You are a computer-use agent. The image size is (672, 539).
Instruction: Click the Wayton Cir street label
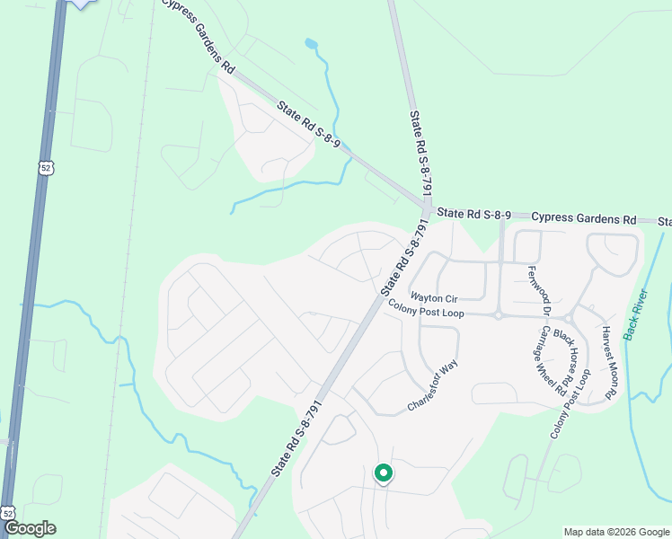[x=435, y=296]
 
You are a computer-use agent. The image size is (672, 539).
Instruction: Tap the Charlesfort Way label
[x=433, y=385]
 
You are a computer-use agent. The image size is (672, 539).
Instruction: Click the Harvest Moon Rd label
[x=608, y=362]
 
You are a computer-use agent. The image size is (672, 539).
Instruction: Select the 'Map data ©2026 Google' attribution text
[x=615, y=532]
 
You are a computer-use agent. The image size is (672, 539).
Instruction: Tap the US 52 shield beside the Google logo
[x=8, y=512]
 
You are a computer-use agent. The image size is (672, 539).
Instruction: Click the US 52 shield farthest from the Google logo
[x=47, y=167]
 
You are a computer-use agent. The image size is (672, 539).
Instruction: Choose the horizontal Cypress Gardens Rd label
[x=583, y=218]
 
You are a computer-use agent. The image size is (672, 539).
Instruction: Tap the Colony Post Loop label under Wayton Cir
[x=426, y=308]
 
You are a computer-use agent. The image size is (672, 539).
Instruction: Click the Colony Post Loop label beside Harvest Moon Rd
[x=569, y=398]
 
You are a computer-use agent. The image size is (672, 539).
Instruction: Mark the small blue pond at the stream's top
[x=311, y=42]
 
